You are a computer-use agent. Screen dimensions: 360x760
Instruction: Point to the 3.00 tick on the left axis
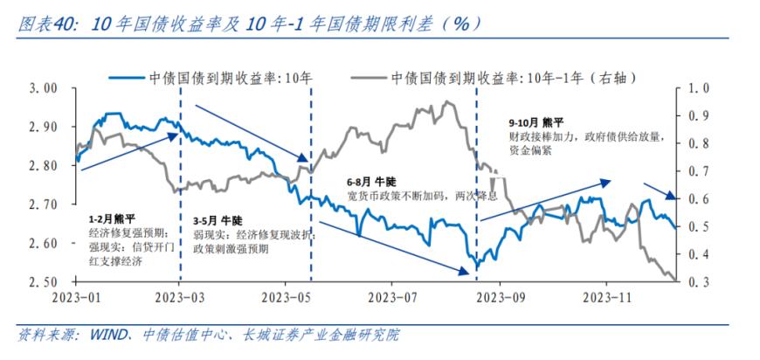tap(43, 88)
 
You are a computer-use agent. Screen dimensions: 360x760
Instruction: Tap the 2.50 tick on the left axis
tap(43, 282)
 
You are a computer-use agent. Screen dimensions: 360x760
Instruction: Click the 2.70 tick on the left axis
tap(43, 204)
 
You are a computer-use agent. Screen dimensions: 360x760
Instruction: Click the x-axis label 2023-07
tap(392, 298)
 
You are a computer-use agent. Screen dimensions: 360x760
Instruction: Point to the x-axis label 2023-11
tap(606, 298)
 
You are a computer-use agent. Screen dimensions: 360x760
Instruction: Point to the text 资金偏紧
tap(529, 150)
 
